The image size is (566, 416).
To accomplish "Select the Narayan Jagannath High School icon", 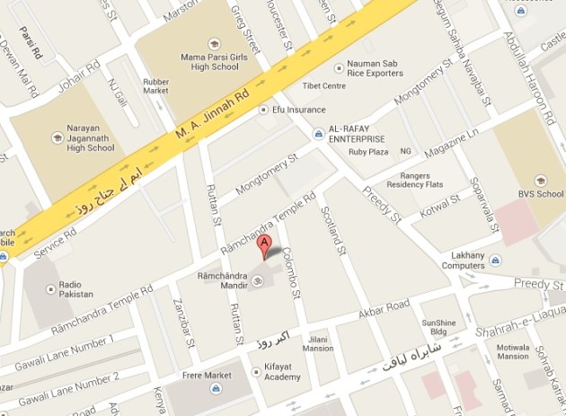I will (57, 137).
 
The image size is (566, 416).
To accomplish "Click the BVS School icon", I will (541, 180).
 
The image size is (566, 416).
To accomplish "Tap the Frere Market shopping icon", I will (216, 388).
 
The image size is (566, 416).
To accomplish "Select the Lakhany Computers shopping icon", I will (496, 261).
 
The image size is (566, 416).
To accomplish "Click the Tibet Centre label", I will (324, 86).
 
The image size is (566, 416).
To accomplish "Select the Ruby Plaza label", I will (367, 152).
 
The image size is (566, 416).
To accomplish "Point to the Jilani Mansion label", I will (319, 343).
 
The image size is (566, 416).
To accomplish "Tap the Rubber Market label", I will (156, 86).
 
